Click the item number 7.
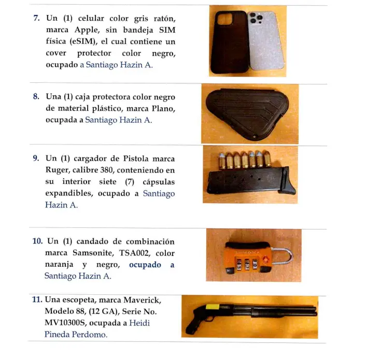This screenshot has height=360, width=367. click(37, 18)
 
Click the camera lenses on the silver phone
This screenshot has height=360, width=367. click(257, 20)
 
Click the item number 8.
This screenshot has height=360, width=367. click(37, 96)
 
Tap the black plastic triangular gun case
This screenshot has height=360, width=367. click(249, 112)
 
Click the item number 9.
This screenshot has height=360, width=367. click(37, 159)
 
